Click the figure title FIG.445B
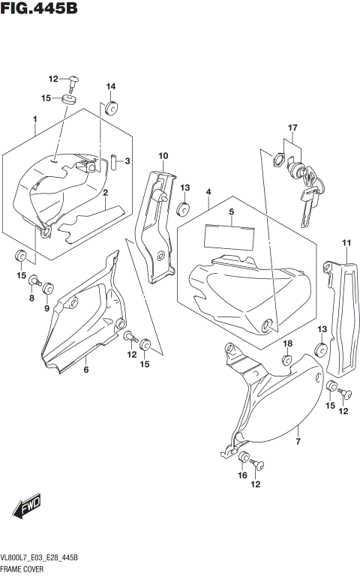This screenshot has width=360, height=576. [40, 10]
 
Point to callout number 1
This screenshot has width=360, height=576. [34, 120]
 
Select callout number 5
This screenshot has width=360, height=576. [232, 212]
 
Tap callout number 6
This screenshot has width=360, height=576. [86, 369]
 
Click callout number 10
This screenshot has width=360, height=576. [162, 155]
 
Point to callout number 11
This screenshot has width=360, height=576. [346, 242]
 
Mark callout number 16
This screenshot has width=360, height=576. [242, 475]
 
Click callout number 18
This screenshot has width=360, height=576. [287, 343]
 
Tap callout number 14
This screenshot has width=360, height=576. [110, 85]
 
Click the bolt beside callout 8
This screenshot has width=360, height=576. [33, 281]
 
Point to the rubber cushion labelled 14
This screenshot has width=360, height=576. [111, 108]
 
